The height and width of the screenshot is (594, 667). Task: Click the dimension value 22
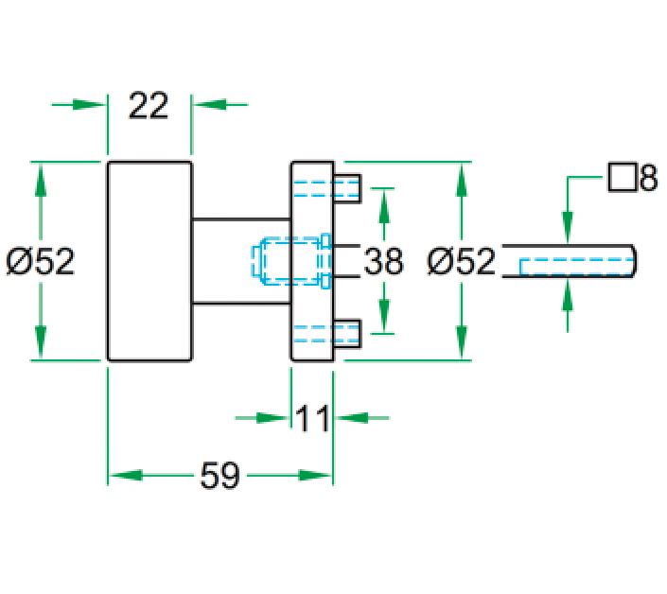pyautogui.click(x=149, y=105)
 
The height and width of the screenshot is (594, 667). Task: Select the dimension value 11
pyautogui.click(x=311, y=417)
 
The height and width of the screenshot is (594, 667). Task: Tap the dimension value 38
pyautogui.click(x=383, y=261)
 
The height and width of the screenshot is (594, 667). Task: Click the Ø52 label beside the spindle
pyautogui.click(x=461, y=261)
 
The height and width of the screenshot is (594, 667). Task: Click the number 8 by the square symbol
pyautogui.click(x=647, y=179)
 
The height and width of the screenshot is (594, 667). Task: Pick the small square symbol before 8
pyautogui.click(x=621, y=178)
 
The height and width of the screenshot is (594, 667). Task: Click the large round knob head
pyautogui.click(x=149, y=261)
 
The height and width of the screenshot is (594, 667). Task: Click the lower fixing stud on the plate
pyautogui.click(x=347, y=333)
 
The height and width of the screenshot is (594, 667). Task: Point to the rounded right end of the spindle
pyautogui.click(x=633, y=261)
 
